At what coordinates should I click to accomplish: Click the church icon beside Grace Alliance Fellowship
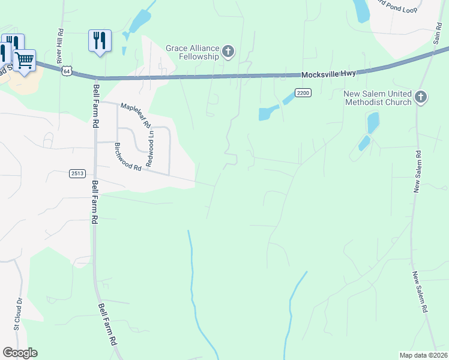[228, 52]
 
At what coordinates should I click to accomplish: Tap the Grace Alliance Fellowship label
[192, 52]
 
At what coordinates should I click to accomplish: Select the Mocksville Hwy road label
[328, 73]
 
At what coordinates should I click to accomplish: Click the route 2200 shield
[303, 92]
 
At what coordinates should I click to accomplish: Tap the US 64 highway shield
[65, 71]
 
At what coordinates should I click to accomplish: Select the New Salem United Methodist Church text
[378, 98]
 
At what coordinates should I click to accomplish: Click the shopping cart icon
[24, 60]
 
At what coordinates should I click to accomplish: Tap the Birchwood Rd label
[127, 157]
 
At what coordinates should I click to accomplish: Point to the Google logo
[20, 353]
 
